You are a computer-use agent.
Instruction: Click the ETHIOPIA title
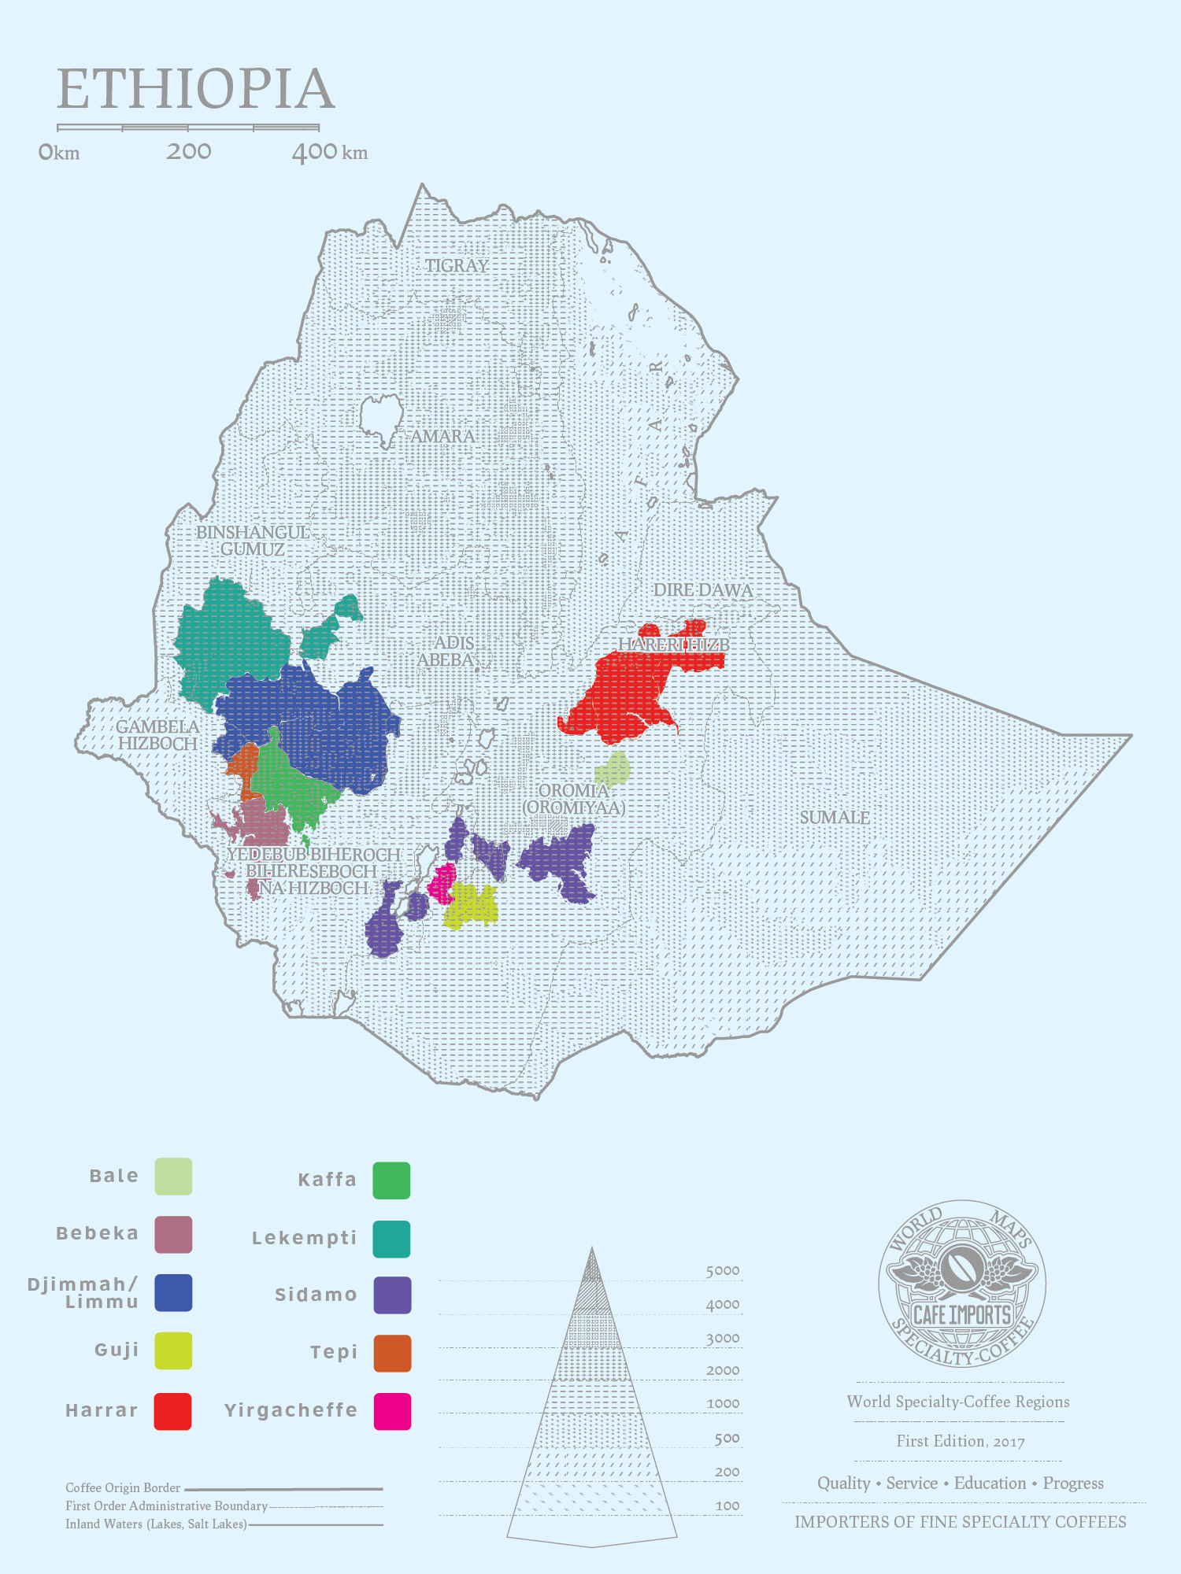click(x=196, y=89)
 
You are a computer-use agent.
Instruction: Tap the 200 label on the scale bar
click(x=188, y=151)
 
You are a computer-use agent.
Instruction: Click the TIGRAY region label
click(x=457, y=266)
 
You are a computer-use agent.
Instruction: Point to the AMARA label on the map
click(x=442, y=437)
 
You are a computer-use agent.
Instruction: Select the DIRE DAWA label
click(x=702, y=590)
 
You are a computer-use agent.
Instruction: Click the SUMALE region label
click(x=835, y=818)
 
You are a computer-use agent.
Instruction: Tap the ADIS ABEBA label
click(x=446, y=652)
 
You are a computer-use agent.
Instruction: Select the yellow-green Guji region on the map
click(x=471, y=905)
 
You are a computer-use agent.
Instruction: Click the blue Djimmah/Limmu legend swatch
click(x=173, y=1293)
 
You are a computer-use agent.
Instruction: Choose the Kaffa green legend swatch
click(x=391, y=1180)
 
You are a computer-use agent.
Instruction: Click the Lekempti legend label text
click(x=304, y=1238)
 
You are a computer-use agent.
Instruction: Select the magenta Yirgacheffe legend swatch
click(x=392, y=1411)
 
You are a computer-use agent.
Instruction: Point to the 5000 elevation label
click(x=722, y=1271)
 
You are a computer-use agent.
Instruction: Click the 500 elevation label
click(x=727, y=1439)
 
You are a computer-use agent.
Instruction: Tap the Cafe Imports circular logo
click(x=961, y=1284)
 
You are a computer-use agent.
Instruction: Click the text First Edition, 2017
click(x=960, y=1441)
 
